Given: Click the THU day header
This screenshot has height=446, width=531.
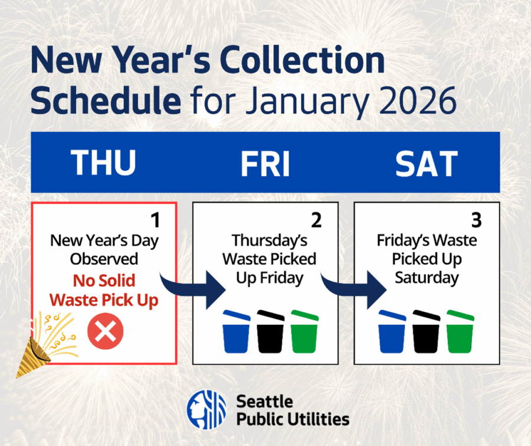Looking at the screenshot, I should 104,163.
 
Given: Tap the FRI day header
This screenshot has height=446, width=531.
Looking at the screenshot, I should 265,163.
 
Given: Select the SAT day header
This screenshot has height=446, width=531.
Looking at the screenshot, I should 426,163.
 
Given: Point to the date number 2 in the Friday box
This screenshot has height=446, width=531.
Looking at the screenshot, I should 316,220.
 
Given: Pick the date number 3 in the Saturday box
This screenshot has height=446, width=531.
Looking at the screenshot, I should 477,220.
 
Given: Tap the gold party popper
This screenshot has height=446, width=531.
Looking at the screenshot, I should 41,349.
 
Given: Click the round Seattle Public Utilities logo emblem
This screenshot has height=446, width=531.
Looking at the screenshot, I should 206,409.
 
